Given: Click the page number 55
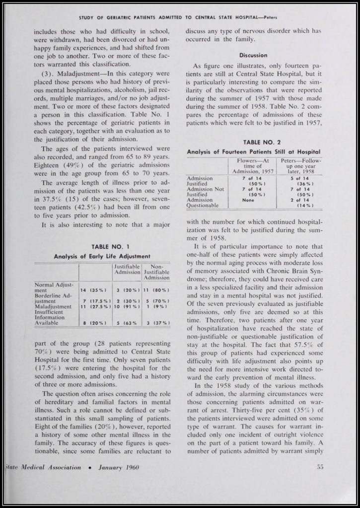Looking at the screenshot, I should coord(320,467).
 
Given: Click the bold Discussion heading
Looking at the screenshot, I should coord(253,55).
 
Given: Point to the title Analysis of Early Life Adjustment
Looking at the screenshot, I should coord(102,256).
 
